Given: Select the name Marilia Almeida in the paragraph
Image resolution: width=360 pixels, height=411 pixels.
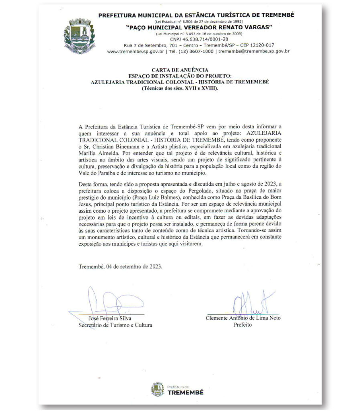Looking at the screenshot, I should coord(98,156).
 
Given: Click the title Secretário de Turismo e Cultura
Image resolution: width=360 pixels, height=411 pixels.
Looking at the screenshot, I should coord(115,325).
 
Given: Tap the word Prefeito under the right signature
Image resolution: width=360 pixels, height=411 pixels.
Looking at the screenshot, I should coord(243,325).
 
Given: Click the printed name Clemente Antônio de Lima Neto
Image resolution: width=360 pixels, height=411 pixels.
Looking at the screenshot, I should coord(243,318).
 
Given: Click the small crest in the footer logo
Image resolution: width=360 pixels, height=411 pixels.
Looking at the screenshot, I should coord(158,389).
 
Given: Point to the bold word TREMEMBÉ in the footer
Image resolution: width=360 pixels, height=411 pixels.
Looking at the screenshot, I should coord(185,392).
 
